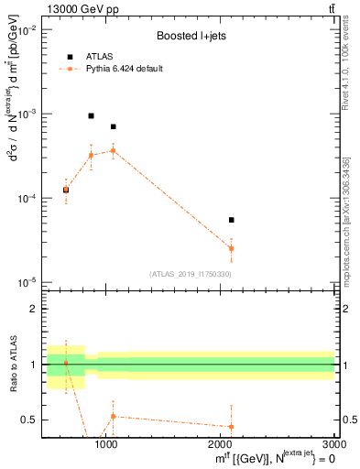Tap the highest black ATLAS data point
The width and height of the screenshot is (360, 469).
91,116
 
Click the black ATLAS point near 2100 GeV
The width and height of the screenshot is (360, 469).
231,220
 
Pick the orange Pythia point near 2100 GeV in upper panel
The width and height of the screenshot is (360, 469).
231,248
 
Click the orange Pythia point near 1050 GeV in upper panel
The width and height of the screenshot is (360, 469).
113,150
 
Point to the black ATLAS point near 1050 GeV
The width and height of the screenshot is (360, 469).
113,126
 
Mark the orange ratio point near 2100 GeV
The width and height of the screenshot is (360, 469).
231,426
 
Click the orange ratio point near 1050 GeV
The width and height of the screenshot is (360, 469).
113,416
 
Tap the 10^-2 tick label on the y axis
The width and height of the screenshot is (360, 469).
27,30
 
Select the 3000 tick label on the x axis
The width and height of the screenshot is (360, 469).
333,444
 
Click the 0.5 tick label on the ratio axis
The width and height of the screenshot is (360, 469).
28,420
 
